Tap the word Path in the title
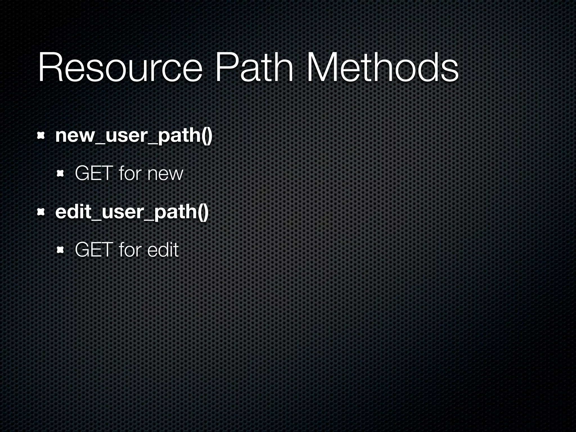tap(254, 68)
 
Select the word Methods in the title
tap(382, 68)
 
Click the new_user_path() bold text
tap(134, 136)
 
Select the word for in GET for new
tap(130, 174)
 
